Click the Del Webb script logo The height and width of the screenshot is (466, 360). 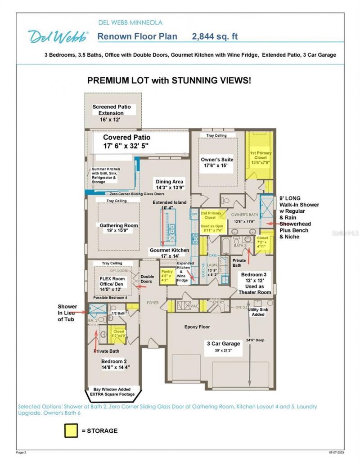pyautogui.click(x=58, y=36)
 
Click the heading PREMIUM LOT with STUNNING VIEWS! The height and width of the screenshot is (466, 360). pyautogui.click(x=169, y=81)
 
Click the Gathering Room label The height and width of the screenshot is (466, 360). pyautogui.click(x=119, y=228)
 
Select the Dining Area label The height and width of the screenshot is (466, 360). pyautogui.click(x=170, y=184)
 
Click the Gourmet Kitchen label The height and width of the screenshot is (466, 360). pyautogui.click(x=169, y=253)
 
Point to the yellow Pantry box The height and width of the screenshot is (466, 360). pyautogui.click(x=167, y=274)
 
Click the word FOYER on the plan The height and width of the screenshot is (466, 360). pyautogui.click(x=153, y=303)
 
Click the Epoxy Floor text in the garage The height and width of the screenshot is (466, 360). pyautogui.click(x=197, y=327)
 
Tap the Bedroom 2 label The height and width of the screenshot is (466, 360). pyautogui.click(x=115, y=364)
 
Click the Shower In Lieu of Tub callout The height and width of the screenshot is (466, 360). pyautogui.click(x=67, y=313)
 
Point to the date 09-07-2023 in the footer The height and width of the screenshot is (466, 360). pyautogui.click(x=336, y=452)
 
